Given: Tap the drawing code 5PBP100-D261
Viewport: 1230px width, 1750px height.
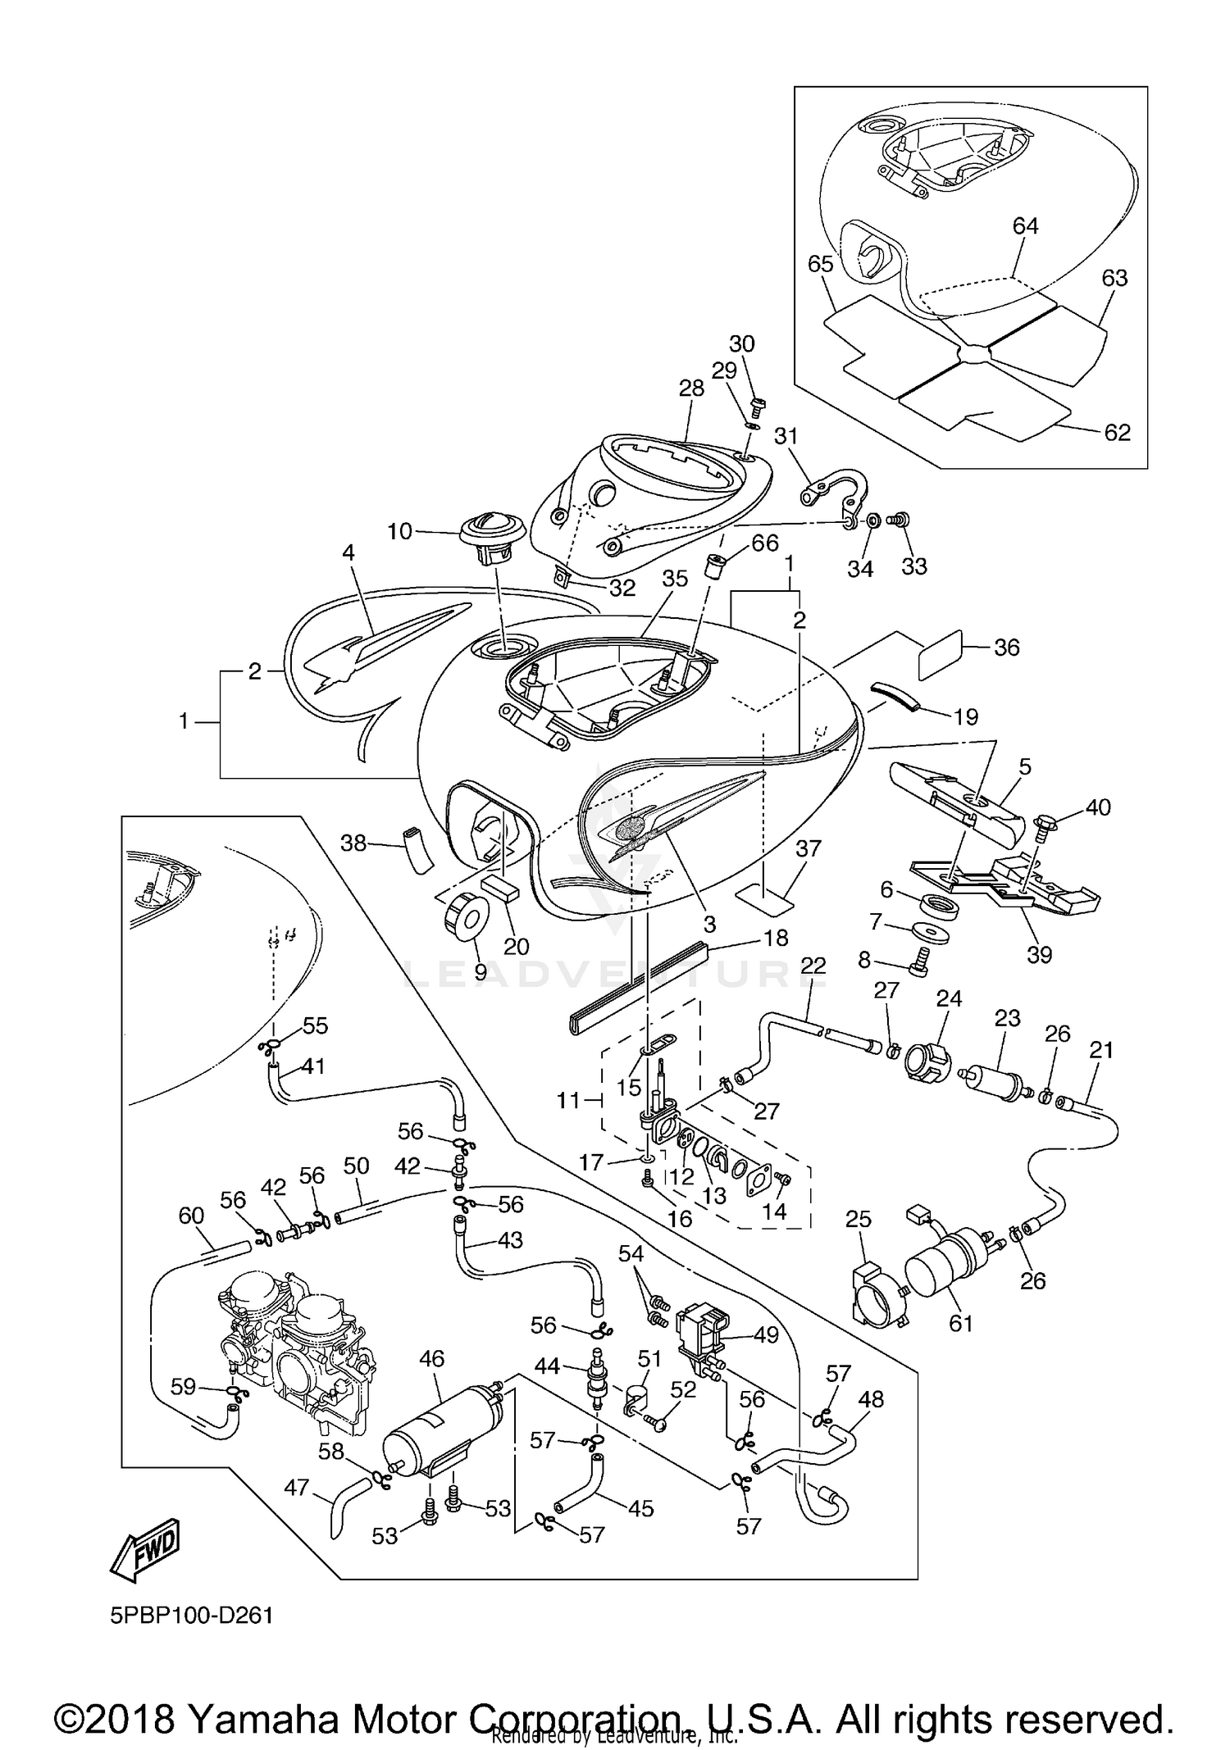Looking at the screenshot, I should coord(191,1616).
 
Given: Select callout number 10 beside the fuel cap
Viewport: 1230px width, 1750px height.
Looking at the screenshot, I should coord(399,531).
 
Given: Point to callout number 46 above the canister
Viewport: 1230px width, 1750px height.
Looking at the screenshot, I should coord(431,1359).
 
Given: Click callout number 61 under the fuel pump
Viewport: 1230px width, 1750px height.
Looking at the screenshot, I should coord(960,1323).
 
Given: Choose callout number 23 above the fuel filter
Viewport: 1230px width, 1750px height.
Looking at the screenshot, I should coord(1007,1018).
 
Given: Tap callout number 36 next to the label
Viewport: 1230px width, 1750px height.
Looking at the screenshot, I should coord(1006,648).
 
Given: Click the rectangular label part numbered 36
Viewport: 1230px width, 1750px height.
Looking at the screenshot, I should coord(939,655).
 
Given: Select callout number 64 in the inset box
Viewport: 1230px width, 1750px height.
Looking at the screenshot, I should coord(1025,226).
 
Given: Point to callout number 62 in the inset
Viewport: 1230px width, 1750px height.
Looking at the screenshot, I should coord(1117,432).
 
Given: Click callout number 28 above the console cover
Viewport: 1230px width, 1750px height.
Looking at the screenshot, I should coord(691,389).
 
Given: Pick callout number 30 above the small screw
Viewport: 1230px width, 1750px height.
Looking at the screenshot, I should coord(741,343).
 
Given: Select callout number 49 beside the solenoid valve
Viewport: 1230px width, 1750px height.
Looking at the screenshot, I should coord(766,1335).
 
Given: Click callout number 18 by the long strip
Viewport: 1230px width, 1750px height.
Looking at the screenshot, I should coord(775,937).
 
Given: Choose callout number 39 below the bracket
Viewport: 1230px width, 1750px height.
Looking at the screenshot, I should coord(1039,955).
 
